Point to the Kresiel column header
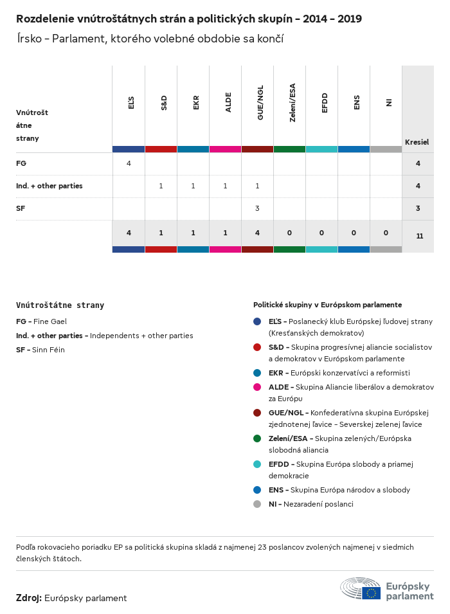coord(417,141)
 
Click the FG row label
coord(21,163)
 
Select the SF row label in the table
coord(21,208)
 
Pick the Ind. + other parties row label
coord(49,186)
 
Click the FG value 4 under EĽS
coord(129,163)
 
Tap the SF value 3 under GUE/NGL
coord(257,208)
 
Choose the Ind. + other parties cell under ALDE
coord(225,186)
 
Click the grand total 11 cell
coord(419,236)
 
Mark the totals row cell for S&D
coord(161,232)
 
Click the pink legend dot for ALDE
coord(257,387)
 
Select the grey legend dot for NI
coord(257,504)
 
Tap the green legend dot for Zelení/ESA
coord(257,438)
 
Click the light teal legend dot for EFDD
coord(257,464)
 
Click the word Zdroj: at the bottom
coord(29,598)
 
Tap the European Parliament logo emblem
coord(361,589)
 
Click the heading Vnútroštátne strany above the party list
coord(60,305)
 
